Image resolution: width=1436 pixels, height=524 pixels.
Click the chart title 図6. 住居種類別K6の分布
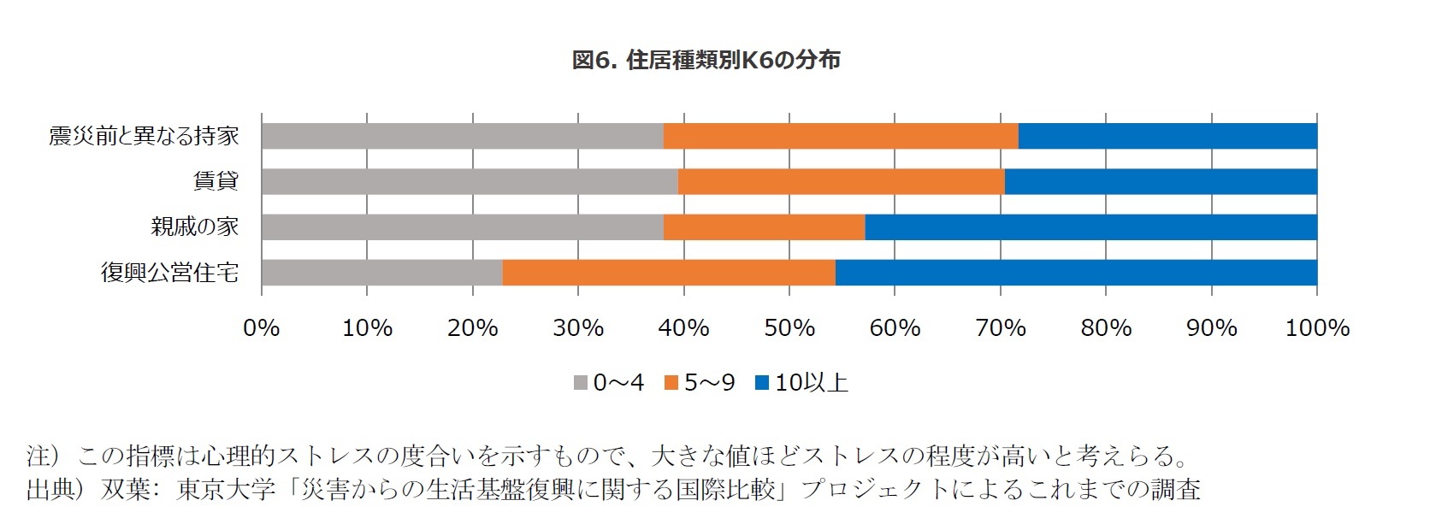tap(706, 60)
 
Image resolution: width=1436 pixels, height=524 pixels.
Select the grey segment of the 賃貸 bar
tap(470, 181)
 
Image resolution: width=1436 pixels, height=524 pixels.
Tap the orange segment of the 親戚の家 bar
tap(764, 227)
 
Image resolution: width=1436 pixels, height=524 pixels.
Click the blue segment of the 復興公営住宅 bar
tap(1075, 273)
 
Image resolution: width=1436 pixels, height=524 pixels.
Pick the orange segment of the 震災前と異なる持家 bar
tap(840, 136)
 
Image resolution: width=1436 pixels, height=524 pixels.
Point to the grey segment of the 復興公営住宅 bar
tap(381, 273)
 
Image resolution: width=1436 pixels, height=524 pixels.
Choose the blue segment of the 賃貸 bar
tap(1160, 181)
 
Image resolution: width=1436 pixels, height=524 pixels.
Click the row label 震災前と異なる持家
tap(144, 136)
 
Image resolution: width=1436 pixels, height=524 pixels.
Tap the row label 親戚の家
tap(194, 227)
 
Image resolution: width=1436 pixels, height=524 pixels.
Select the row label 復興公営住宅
tap(169, 273)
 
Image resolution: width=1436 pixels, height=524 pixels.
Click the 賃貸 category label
tap(216, 181)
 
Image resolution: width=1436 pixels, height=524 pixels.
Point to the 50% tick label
tap(789, 328)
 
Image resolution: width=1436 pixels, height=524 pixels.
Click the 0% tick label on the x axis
tap(262, 328)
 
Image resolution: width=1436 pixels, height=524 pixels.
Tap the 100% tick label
tap(1316, 328)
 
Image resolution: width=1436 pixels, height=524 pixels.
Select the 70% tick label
tap(1000, 328)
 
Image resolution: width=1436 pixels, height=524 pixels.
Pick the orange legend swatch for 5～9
tap(671, 383)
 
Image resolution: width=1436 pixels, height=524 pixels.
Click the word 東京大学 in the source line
tap(227, 489)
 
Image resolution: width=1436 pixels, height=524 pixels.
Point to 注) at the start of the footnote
tap(43, 456)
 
